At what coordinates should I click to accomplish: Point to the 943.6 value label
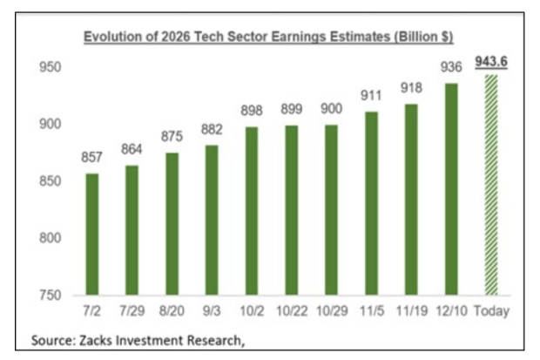490,62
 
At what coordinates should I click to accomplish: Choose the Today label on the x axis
490,311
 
